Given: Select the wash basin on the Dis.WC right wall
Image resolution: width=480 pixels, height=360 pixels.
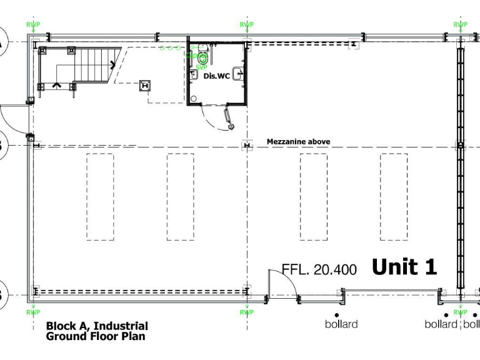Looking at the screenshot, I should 238,71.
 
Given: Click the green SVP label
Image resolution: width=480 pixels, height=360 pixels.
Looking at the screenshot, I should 201,67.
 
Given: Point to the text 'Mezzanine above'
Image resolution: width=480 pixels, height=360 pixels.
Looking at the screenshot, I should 298,142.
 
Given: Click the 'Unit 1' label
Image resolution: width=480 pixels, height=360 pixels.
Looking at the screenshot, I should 404,267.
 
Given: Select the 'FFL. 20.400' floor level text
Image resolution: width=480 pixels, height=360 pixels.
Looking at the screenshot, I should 319,270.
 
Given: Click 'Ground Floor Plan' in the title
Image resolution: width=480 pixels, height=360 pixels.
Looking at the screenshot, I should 96,336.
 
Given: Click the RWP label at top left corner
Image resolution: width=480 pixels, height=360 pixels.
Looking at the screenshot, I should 33,25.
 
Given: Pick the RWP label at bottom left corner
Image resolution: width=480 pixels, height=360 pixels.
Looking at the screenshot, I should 33,312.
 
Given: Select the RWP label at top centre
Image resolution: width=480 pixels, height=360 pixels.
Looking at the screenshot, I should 247,25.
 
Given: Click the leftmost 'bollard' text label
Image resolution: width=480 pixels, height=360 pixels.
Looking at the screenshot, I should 341,324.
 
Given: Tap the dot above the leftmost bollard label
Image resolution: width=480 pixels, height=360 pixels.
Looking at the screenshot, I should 336,314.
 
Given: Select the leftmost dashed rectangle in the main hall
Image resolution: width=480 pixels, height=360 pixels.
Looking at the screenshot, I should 100,197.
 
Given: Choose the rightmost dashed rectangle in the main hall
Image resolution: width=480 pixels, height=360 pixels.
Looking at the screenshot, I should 394,197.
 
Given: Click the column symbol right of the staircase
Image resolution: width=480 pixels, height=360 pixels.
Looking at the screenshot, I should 146,86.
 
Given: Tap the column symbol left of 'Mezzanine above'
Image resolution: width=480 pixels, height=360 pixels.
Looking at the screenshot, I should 247,146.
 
